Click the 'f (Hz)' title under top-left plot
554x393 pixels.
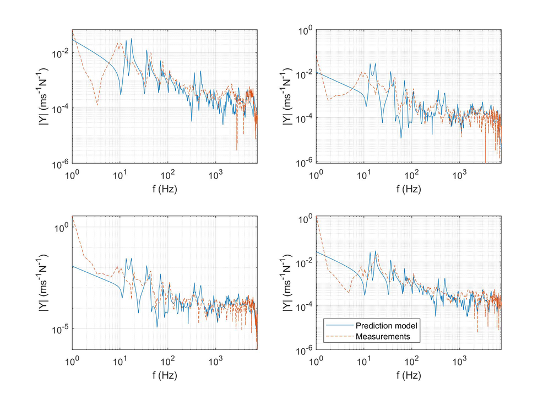[x=165, y=187]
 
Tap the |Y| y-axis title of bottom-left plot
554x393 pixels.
[x=45, y=283]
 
